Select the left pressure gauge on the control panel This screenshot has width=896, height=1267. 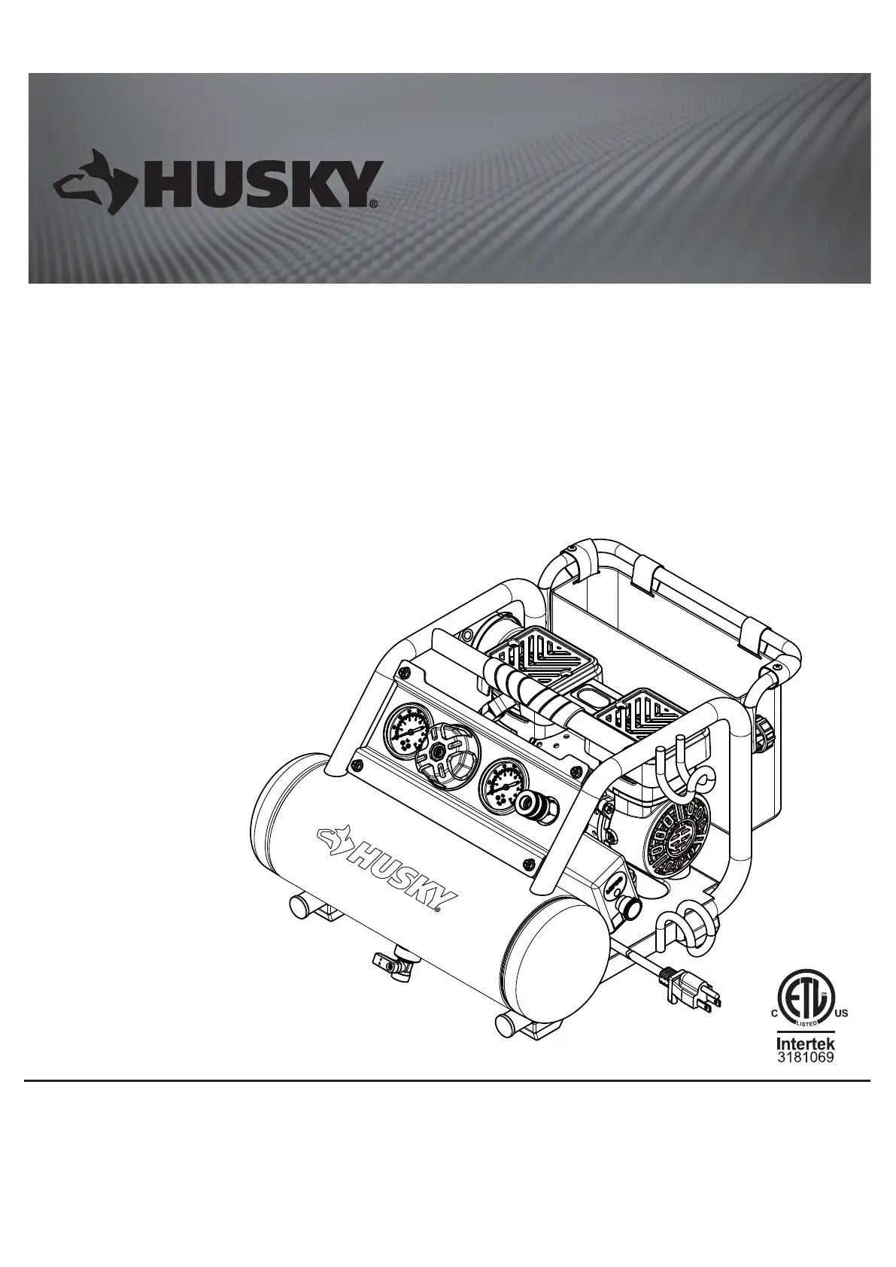click(407, 728)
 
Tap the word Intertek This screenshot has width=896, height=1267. click(806, 1044)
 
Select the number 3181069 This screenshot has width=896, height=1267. click(806, 1057)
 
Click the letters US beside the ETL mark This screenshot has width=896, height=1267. click(841, 1013)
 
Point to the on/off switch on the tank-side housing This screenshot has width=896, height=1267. click(615, 885)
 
